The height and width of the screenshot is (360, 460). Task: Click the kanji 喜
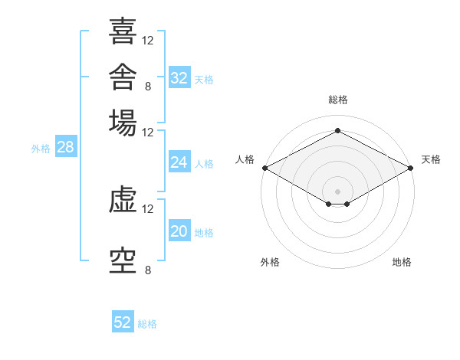pyautogui.click(x=123, y=31)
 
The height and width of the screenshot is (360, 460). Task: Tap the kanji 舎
pyautogui.click(x=123, y=77)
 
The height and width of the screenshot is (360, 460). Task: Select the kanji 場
pyautogui.click(x=123, y=123)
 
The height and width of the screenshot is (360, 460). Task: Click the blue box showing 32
pyautogui.click(x=179, y=77)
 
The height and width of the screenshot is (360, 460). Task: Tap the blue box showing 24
pyautogui.click(x=179, y=162)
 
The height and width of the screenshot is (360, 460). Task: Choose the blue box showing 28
pyautogui.click(x=66, y=146)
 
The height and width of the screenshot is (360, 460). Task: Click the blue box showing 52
pyautogui.click(x=123, y=321)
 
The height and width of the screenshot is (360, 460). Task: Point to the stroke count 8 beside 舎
pyautogui.click(x=148, y=87)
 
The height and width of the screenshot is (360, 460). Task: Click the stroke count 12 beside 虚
pyautogui.click(x=147, y=209)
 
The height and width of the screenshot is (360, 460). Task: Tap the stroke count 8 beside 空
pyautogui.click(x=148, y=270)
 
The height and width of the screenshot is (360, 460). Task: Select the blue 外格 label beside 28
pyautogui.click(x=41, y=149)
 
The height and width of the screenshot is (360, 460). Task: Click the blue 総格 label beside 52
pyautogui.click(x=147, y=324)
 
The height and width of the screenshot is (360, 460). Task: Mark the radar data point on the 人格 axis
pyautogui.click(x=265, y=168)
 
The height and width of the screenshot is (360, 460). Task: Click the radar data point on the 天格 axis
pyautogui.click(x=411, y=168)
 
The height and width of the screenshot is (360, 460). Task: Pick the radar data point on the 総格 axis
pyautogui.click(x=337, y=130)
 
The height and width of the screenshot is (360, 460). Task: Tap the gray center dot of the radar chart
pyautogui.click(x=337, y=191)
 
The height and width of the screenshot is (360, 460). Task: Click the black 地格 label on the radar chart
pyautogui.click(x=402, y=262)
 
